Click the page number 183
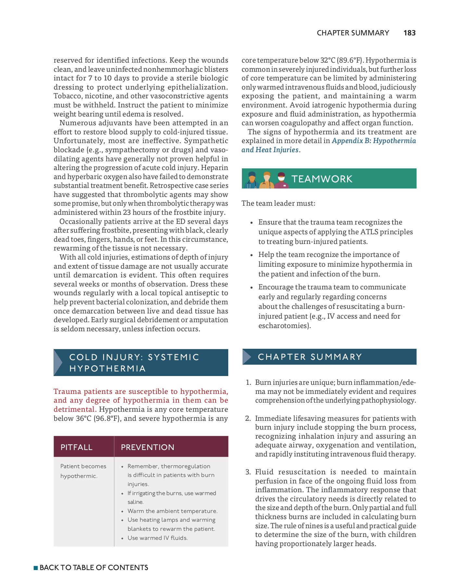[x=409, y=33]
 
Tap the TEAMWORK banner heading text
[x=321, y=179]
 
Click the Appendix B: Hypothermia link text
[x=373, y=141]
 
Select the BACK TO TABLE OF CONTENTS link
[x=94, y=567]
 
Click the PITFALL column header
[x=76, y=447]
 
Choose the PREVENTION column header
[x=147, y=447]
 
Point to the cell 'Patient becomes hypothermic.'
[x=83, y=471]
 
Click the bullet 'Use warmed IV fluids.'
[x=157, y=538]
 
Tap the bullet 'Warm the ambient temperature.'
[x=172, y=511]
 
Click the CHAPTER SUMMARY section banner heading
[x=310, y=357]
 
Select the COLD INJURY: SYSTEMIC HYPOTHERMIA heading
[x=134, y=363]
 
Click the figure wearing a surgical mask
[x=281, y=180]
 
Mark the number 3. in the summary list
[x=248, y=472]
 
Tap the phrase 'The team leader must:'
[x=278, y=203]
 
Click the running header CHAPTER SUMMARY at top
[x=353, y=33]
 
